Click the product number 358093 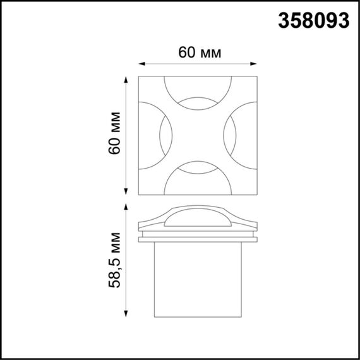click(313, 21)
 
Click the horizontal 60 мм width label click(199, 53)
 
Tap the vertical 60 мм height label click(115, 135)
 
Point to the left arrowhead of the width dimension click(141, 63)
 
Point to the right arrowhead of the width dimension click(257, 63)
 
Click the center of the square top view click(199, 135)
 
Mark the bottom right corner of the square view click(257, 194)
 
